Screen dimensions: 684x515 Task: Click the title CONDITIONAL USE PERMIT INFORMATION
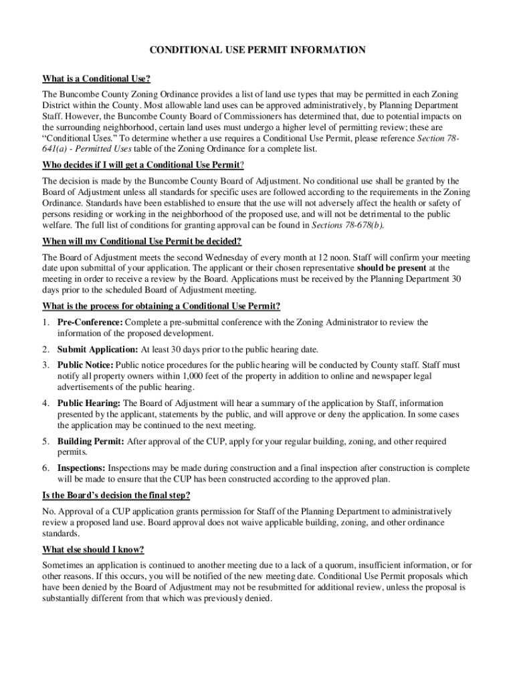pyautogui.click(x=257, y=49)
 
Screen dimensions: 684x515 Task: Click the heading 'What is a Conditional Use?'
pyautogui.click(x=96, y=79)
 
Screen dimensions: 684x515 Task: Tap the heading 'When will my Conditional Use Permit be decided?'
pyautogui.click(x=142, y=241)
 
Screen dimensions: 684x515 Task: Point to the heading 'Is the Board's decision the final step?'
pyautogui.click(x=116, y=495)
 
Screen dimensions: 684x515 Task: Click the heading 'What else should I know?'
pyautogui.click(x=94, y=550)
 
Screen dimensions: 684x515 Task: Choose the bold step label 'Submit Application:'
pyautogui.click(x=98, y=349)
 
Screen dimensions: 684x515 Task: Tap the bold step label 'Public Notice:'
pyautogui.click(x=86, y=365)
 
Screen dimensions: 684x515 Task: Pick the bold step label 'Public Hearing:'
pyautogui.click(x=89, y=403)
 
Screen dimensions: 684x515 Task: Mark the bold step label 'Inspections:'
pyautogui.click(x=82, y=468)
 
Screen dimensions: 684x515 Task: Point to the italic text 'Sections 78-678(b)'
pyautogui.click(x=347, y=225)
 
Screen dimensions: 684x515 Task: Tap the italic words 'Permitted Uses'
pyautogui.click(x=104, y=149)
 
